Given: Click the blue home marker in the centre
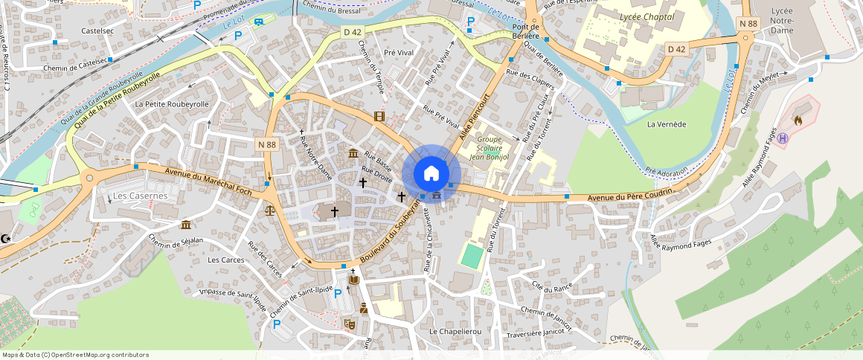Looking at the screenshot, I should [x=431, y=174].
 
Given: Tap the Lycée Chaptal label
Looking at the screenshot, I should [x=647, y=16].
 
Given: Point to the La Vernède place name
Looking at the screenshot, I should [x=666, y=124].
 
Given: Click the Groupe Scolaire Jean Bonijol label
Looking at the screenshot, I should [x=490, y=148].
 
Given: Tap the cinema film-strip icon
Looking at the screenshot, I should [x=380, y=116].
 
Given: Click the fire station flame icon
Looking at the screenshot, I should [x=798, y=119].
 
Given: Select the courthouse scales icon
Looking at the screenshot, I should [x=269, y=210].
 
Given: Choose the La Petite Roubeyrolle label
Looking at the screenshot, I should [x=172, y=105].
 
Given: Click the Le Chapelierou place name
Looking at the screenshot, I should [x=455, y=330].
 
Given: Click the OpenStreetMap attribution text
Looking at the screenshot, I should [x=74, y=355].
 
